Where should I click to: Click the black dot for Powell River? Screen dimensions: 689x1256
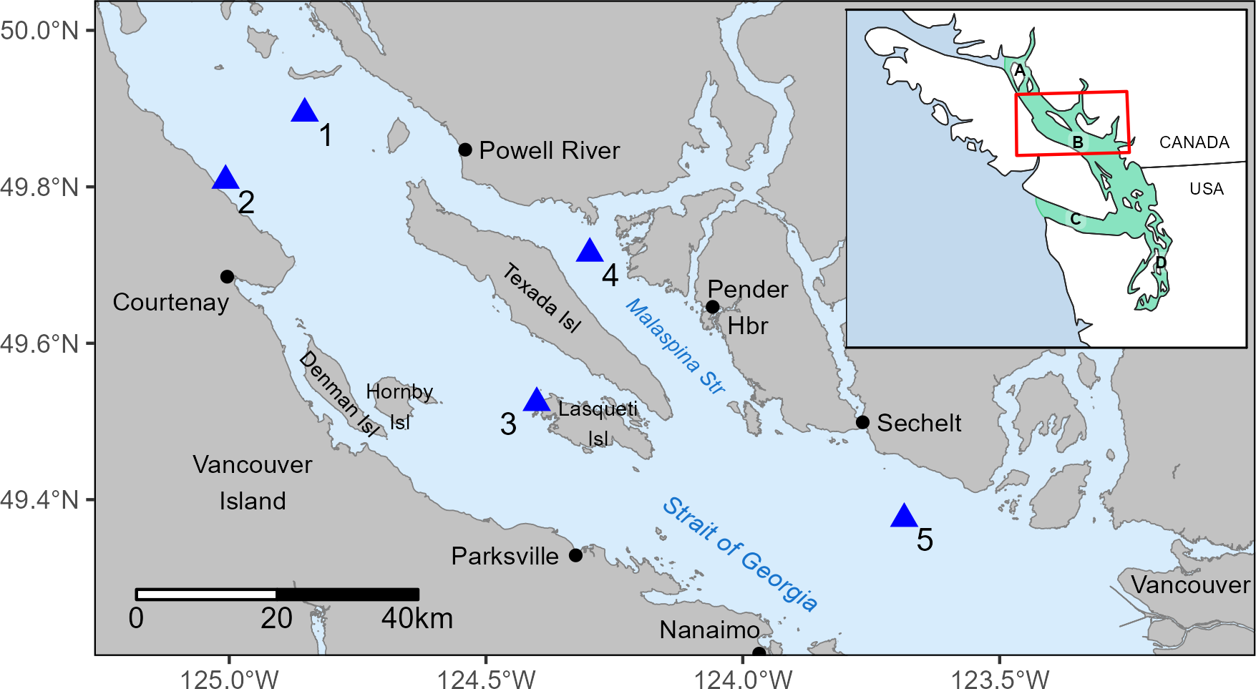465,150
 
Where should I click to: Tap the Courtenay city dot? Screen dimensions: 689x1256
227,277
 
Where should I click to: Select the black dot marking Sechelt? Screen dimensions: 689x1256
862,422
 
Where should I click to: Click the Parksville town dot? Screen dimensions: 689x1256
575,555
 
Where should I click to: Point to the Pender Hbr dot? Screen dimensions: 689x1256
712,307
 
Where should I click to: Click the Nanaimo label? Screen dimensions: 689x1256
709,630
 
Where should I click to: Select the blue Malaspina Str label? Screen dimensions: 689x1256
676,346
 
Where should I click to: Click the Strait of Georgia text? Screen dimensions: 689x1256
739,554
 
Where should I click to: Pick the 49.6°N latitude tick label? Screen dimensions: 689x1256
39,343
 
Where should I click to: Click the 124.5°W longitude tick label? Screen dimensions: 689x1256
486,678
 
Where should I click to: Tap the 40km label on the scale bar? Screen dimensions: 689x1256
417,618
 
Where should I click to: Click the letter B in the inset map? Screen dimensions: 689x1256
1077,142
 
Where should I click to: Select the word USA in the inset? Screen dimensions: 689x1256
1207,189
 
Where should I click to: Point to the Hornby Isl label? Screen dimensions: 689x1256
399,406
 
